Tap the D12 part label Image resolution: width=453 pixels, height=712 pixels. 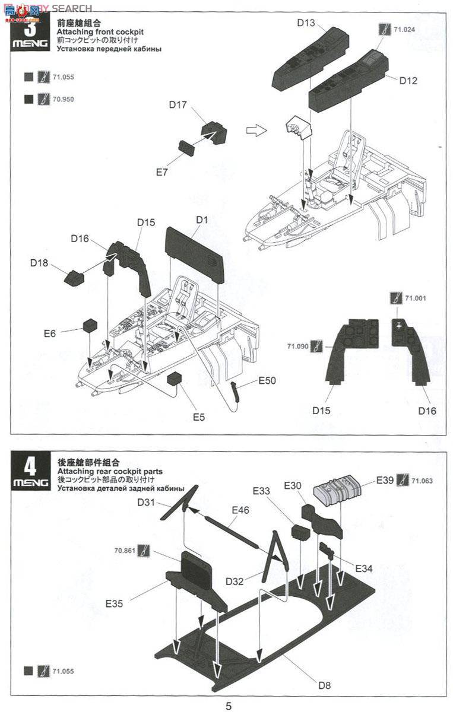[x=408, y=81]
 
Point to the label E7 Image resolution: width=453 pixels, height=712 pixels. [x=161, y=172]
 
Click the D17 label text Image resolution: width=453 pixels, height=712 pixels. [x=178, y=105]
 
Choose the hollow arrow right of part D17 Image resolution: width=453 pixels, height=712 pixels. [x=255, y=130]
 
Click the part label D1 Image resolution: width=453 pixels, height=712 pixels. [x=202, y=220]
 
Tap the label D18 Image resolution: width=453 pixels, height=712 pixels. [x=40, y=262]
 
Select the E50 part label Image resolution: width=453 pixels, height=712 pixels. [x=267, y=380]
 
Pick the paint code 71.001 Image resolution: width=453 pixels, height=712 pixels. [x=416, y=298]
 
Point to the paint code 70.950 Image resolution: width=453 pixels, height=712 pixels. [x=63, y=99]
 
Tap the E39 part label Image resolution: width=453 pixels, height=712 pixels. [x=385, y=479]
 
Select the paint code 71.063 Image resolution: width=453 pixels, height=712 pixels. [x=422, y=480]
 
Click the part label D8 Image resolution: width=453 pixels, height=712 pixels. [x=324, y=685]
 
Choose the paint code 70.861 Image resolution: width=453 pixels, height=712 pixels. [x=125, y=550]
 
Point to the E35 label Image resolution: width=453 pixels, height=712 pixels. [x=115, y=603]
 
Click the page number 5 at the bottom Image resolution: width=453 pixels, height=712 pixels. [x=228, y=705]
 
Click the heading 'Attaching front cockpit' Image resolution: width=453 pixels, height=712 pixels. [x=100, y=31]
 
